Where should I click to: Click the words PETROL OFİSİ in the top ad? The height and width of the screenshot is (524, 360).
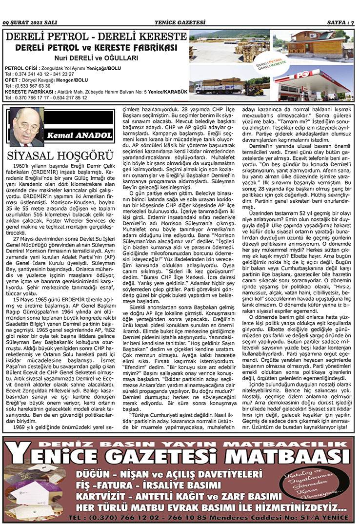[x=19, y=68]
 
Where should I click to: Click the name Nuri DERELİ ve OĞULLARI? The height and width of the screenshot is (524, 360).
[x=96, y=58]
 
